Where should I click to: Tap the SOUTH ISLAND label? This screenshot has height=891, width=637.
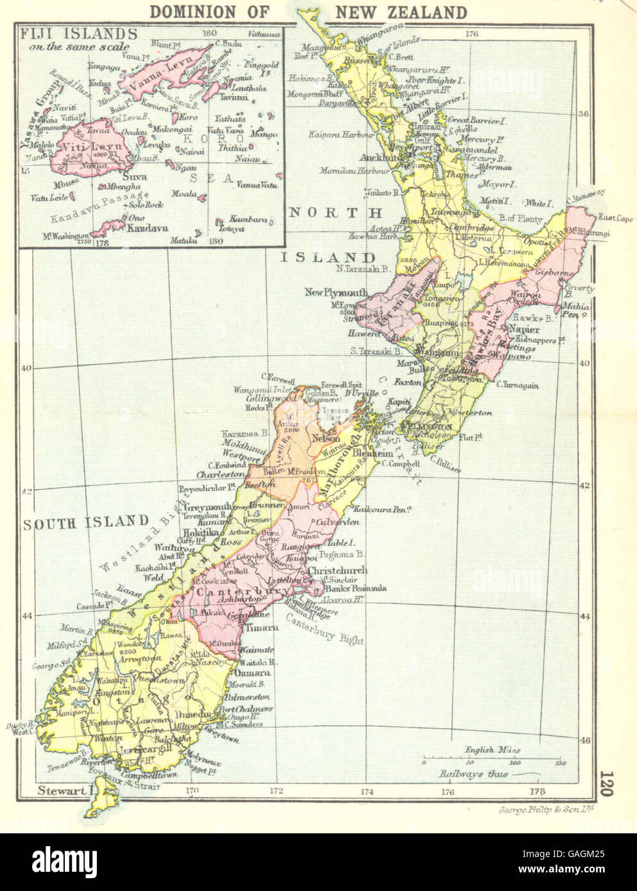(86, 522)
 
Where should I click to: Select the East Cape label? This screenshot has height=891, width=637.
(615, 219)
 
